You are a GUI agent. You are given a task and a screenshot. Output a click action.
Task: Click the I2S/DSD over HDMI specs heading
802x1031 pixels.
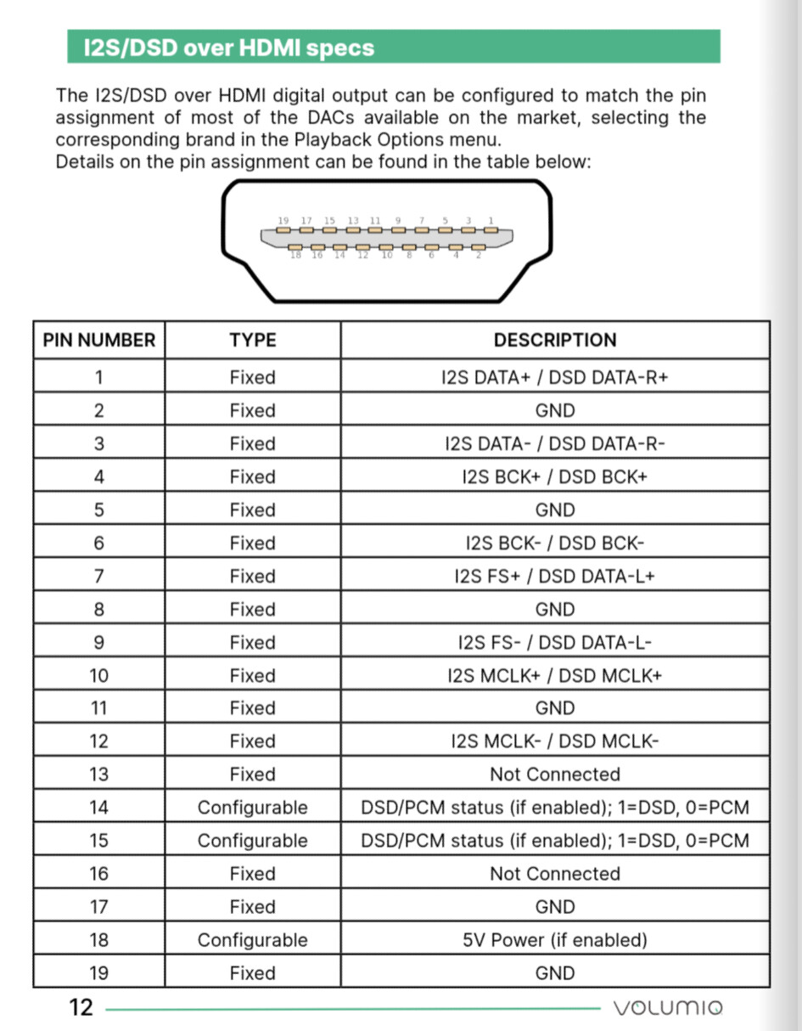click(229, 48)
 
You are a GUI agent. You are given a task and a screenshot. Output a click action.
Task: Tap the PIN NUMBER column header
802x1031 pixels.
click(99, 341)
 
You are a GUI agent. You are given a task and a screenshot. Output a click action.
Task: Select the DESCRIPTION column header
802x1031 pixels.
click(555, 341)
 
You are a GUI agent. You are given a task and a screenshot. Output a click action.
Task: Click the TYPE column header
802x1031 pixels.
click(253, 341)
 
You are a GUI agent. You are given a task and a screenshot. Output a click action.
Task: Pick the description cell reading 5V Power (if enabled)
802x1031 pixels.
click(555, 940)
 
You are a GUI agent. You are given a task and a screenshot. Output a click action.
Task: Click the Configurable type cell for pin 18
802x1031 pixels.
click(253, 940)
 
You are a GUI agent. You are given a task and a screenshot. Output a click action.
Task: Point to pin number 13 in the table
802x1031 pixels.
click(99, 775)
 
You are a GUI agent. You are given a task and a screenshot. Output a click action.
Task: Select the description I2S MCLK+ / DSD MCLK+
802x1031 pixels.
click(555, 675)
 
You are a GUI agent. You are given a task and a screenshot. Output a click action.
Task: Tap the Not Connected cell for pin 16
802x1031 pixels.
click(555, 874)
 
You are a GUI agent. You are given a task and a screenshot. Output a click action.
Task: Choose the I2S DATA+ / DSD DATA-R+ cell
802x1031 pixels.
click(555, 377)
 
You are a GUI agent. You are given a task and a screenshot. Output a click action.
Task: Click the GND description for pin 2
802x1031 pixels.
click(555, 410)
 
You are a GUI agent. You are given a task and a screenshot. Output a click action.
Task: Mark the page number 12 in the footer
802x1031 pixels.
click(81, 1008)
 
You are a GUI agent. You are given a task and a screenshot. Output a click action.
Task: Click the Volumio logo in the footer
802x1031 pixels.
click(668, 1008)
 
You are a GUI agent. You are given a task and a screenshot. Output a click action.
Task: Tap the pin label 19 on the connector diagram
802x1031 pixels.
click(283, 221)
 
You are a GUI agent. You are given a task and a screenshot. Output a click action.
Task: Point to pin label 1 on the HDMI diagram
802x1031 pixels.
click(491, 221)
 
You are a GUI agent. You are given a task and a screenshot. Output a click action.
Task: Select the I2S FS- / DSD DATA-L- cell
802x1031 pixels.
click(555, 642)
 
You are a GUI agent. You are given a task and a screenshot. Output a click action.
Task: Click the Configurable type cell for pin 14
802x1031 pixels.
click(253, 808)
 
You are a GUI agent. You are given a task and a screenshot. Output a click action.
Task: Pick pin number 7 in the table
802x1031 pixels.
click(99, 576)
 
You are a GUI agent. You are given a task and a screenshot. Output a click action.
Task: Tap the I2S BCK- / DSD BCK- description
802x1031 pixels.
click(555, 543)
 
